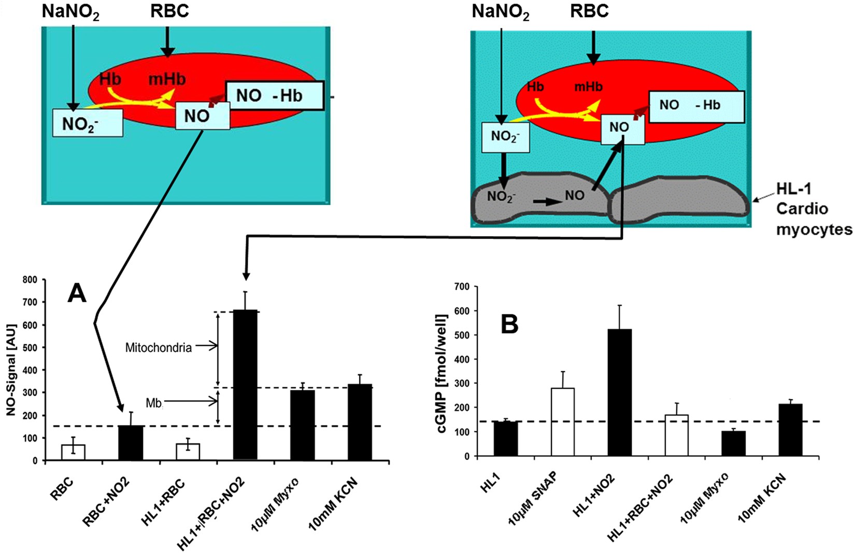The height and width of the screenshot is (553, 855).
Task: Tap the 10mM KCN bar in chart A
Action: [360, 422]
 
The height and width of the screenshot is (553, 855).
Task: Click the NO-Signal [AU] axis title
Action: [11, 370]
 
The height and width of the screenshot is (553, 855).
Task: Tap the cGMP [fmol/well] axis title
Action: [443, 373]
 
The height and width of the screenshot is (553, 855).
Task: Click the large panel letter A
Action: [77, 294]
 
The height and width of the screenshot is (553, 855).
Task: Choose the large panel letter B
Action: [510, 325]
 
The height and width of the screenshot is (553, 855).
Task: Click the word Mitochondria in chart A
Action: [158, 347]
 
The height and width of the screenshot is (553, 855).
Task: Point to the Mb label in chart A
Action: [153, 403]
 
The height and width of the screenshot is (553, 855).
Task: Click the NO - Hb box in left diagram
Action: [275, 96]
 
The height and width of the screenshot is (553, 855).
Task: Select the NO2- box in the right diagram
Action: [505, 137]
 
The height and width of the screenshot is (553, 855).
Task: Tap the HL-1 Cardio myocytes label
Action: [814, 209]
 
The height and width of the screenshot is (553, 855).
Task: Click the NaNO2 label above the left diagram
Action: [70, 12]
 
